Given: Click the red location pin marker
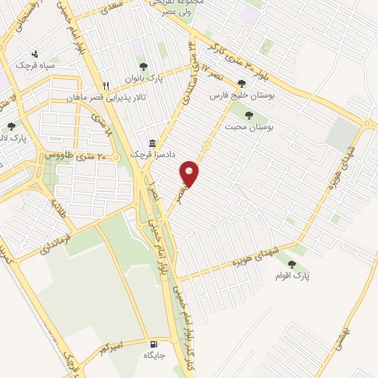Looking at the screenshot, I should [x=190, y=173].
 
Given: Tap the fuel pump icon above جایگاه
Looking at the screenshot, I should [x=154, y=343].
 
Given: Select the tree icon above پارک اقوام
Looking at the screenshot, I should [x=292, y=264].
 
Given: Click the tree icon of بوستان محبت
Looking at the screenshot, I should [x=249, y=115].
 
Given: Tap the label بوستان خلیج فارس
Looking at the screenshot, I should [x=237, y=96].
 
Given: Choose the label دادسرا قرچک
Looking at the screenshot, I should [x=145, y=155].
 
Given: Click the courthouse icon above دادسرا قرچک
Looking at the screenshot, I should [x=152, y=142].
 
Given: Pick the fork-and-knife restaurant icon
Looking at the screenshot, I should [x=106, y=85].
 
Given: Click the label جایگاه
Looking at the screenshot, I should [x=153, y=355].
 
